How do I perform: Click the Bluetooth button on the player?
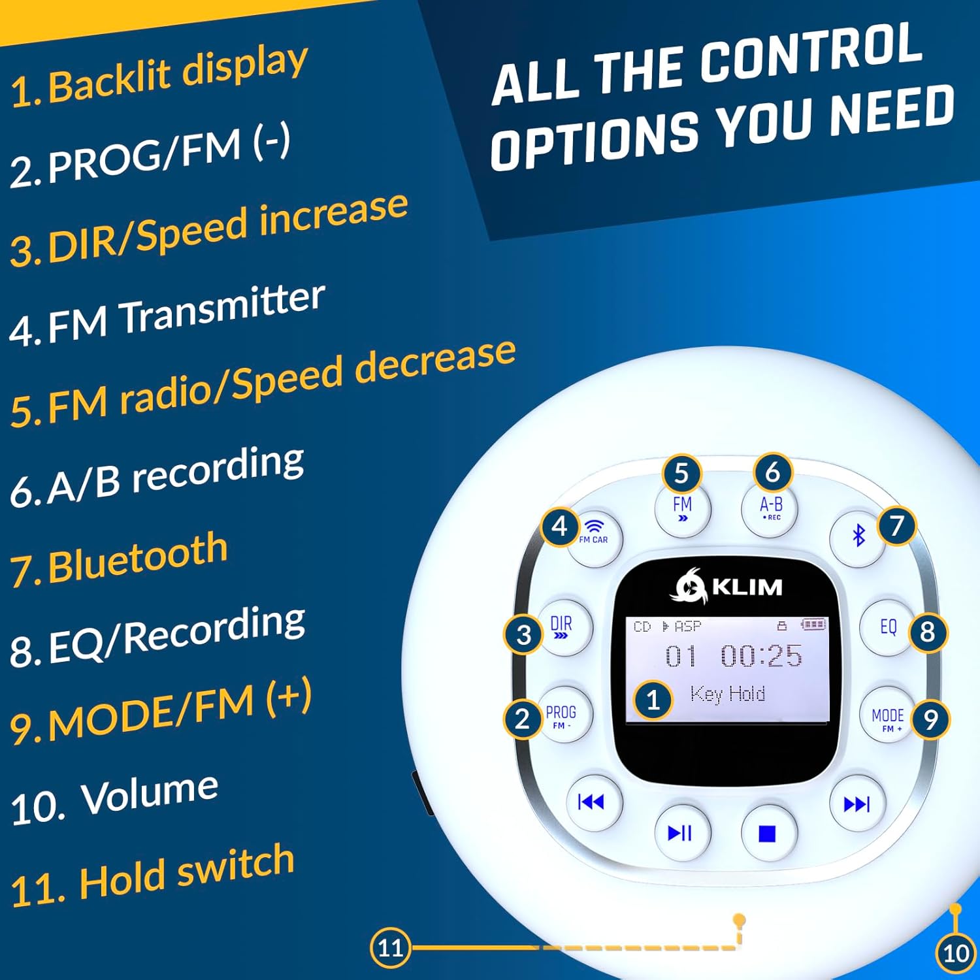[858, 536]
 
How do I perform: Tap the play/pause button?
[681, 833]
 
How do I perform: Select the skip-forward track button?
[857, 804]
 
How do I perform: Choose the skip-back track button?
[591, 802]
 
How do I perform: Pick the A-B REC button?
[771, 508]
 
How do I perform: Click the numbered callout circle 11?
[390, 947]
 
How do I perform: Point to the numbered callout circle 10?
[955, 954]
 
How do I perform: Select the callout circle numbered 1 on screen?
[653, 700]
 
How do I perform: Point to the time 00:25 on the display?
[762, 655]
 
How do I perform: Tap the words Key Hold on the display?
[727, 693]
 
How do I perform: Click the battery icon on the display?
[813, 625]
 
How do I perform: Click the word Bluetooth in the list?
[138, 557]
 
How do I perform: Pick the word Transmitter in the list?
[221, 308]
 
